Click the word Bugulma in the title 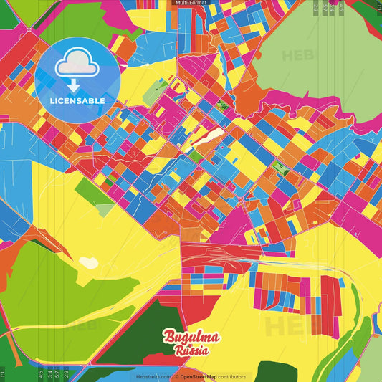191,337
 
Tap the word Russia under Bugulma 191,350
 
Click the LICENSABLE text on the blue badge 77,101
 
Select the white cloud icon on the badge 75,65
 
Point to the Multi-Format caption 191,4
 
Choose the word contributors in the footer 232,376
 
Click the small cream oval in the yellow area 89,263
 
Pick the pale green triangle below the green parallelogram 105,209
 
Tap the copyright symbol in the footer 176,376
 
